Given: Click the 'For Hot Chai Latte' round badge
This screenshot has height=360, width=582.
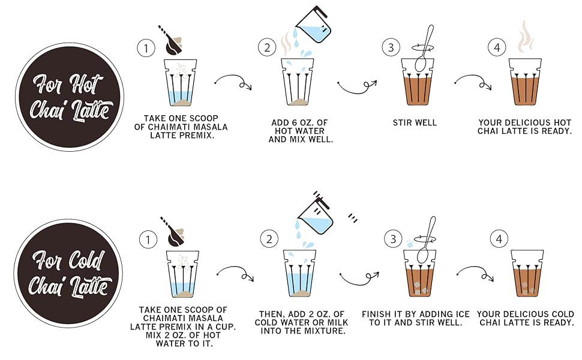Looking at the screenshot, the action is click(x=70, y=97).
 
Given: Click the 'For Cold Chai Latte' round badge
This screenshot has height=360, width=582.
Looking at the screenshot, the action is click(x=68, y=273).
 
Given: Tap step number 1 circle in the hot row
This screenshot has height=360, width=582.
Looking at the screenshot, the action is click(x=146, y=48).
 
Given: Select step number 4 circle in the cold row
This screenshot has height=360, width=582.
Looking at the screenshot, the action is click(x=499, y=239).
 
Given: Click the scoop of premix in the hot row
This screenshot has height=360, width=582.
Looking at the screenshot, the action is click(x=172, y=41).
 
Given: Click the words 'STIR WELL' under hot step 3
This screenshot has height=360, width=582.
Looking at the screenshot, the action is click(x=415, y=122).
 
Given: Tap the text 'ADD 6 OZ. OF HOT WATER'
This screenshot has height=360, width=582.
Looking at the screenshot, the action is click(x=300, y=127).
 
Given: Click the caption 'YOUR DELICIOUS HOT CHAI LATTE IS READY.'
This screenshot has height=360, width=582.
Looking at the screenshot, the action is click(x=524, y=127).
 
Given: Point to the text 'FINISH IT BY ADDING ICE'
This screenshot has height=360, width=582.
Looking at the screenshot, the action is click(x=416, y=314).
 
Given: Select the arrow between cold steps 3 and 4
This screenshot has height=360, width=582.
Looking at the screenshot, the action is click(x=476, y=272).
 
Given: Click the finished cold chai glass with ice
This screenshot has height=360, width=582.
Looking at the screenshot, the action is click(x=527, y=273).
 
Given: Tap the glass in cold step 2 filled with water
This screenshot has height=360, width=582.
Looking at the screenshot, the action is click(x=299, y=273).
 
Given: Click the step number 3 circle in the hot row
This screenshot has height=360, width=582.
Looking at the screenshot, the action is click(x=391, y=47).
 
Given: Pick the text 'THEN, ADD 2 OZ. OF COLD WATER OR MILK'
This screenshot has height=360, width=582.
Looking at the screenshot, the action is click(x=301, y=318).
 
